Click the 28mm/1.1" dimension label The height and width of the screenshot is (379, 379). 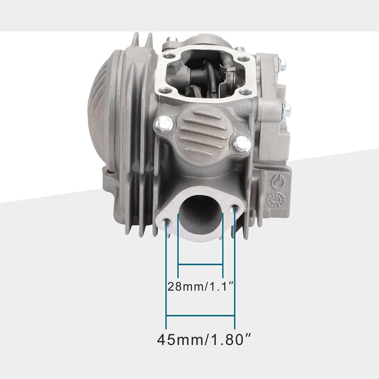tap(201, 287)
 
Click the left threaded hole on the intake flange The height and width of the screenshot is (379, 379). tap(167, 222)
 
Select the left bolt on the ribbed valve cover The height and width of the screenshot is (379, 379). tap(164, 124)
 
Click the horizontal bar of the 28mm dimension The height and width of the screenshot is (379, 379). tap(200, 265)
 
